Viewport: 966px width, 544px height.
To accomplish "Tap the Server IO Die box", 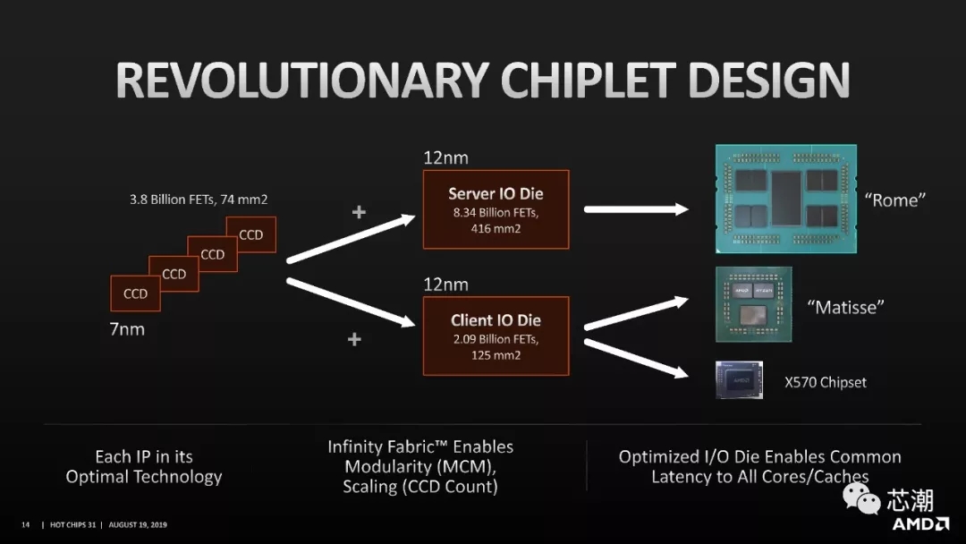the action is pyautogui.click(x=496, y=209).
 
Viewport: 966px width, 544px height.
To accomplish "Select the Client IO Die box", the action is pyautogui.click(x=496, y=336).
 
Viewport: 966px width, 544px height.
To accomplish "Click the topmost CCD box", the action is pyautogui.click(x=251, y=234).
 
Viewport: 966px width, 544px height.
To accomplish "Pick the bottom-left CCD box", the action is pyautogui.click(x=136, y=293).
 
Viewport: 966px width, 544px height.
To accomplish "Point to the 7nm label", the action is pyautogui.click(x=128, y=329).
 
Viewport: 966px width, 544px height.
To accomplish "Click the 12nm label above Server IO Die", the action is pyautogui.click(x=445, y=158).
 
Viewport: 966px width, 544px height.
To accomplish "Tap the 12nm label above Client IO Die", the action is pyautogui.click(x=445, y=285).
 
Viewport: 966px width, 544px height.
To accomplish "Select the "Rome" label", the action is pyautogui.click(x=894, y=200).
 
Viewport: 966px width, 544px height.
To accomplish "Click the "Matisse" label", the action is pyautogui.click(x=845, y=307).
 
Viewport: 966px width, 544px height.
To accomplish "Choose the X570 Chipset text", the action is pyautogui.click(x=826, y=382).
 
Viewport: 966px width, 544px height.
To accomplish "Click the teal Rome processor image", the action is pyautogui.click(x=786, y=199).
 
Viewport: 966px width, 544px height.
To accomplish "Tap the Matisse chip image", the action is pyautogui.click(x=753, y=304).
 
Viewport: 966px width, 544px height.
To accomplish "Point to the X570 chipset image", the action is pyautogui.click(x=740, y=379).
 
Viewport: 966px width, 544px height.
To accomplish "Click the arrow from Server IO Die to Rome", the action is pyautogui.click(x=637, y=209).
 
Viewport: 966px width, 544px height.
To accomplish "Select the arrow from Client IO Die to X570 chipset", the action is pyautogui.click(x=637, y=359).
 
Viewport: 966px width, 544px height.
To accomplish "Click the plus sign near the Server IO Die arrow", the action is pyautogui.click(x=359, y=212).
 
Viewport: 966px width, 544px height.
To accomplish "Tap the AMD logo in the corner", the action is pyautogui.click(x=920, y=524).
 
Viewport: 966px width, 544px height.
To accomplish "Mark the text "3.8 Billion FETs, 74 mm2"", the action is pyautogui.click(x=199, y=200).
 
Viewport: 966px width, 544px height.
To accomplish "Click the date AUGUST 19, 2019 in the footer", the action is pyautogui.click(x=138, y=525).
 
